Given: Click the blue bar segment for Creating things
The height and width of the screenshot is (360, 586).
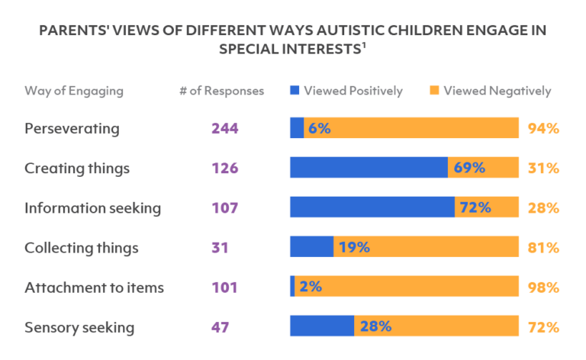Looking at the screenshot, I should click(x=368, y=168).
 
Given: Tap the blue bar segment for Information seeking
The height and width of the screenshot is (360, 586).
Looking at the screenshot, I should click(x=372, y=207).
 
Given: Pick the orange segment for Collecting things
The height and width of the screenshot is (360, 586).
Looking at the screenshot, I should click(x=443, y=247).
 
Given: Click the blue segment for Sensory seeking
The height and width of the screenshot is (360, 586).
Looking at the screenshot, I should click(x=321, y=327).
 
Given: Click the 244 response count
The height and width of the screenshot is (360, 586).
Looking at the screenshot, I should click(x=225, y=128).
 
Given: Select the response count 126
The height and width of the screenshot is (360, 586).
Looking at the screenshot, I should click(x=225, y=168).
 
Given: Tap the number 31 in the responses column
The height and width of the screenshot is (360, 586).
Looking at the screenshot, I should click(x=220, y=247).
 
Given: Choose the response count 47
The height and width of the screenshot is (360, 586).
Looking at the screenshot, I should click(x=221, y=327).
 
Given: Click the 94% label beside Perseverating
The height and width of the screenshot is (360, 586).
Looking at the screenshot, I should click(x=543, y=128).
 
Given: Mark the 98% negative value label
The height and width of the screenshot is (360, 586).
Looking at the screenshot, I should click(x=543, y=288).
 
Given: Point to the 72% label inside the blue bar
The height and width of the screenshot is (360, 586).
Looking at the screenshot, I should click(x=475, y=207).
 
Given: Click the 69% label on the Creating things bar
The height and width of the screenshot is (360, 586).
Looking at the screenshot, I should click(x=469, y=168).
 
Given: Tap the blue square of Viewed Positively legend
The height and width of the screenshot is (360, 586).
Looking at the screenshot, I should click(x=295, y=91).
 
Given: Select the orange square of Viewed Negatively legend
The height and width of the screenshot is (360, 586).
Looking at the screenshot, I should click(x=434, y=91).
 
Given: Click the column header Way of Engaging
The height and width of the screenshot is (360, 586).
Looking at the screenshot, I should click(x=73, y=91).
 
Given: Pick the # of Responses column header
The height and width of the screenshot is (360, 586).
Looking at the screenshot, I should click(x=221, y=91).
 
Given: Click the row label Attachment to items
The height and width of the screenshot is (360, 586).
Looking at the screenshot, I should click(x=94, y=288).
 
